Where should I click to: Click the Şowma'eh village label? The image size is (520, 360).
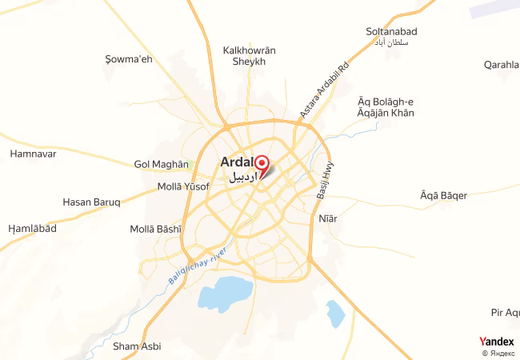129,59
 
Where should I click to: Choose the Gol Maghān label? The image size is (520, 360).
162,165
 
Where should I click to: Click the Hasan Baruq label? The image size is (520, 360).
91,202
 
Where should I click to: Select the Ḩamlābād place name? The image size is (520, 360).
32,229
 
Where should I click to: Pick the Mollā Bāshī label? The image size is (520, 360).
156,229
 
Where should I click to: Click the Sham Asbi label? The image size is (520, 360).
137,346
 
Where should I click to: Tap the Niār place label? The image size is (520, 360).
328,218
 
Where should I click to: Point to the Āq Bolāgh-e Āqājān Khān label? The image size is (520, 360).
386,107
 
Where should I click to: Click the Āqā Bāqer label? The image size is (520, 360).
443,194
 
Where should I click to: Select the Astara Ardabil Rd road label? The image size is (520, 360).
325,89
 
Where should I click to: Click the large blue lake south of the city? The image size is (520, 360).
225,294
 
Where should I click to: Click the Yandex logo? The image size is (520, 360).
496,342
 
